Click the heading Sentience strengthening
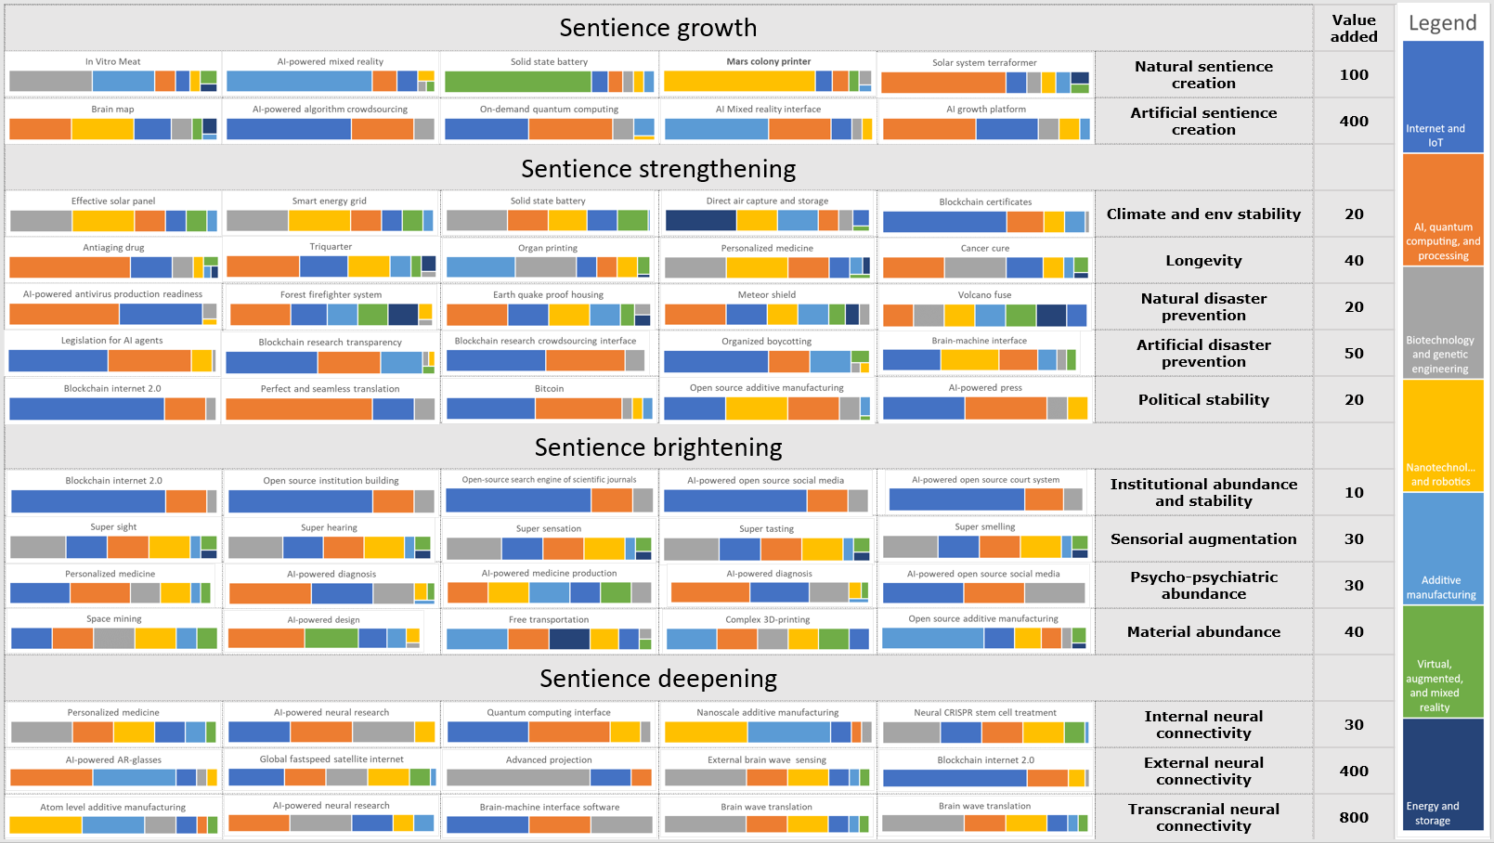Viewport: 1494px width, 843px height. (x=658, y=169)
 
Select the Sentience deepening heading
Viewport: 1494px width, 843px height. (x=658, y=679)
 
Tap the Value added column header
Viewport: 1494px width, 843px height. (x=1354, y=29)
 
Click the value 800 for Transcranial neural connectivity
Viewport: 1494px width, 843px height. (x=1354, y=818)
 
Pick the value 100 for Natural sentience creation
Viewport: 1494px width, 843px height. (x=1354, y=75)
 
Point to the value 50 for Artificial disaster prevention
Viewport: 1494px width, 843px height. (x=1354, y=354)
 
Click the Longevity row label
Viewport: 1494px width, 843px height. (x=1203, y=261)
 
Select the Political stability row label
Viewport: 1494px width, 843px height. (x=1203, y=400)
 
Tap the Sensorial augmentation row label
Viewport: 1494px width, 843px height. (x=1203, y=539)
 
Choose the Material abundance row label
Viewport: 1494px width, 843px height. (x=1203, y=632)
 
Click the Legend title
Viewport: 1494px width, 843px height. (x=1442, y=23)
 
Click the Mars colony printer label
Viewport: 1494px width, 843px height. (x=768, y=62)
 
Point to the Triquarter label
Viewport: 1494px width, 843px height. (x=331, y=247)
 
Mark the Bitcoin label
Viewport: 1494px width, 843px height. (x=549, y=389)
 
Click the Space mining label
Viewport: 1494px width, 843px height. (x=113, y=619)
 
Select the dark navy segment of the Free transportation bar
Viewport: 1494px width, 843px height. (x=569, y=639)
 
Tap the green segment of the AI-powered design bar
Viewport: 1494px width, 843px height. (x=331, y=638)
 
